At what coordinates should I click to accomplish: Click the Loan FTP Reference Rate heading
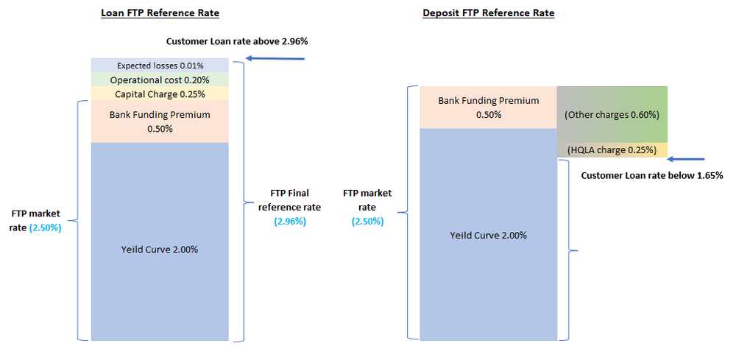(x=160, y=13)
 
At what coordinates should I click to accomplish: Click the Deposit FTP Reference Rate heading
(x=488, y=13)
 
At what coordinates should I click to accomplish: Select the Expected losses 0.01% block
(x=160, y=66)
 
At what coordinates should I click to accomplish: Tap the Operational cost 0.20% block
(x=160, y=80)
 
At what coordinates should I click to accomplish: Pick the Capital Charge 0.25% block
(x=160, y=93)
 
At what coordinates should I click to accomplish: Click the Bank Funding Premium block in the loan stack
(x=160, y=121)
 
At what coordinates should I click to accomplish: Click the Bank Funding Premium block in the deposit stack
(x=488, y=107)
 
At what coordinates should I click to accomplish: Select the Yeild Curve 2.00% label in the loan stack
(x=160, y=249)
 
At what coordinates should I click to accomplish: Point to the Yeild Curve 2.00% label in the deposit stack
(x=488, y=236)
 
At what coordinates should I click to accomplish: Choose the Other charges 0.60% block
(x=612, y=115)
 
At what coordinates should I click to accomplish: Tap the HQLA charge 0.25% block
(x=612, y=150)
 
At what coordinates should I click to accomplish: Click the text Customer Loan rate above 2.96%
(x=236, y=41)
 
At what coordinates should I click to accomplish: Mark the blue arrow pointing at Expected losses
(x=275, y=58)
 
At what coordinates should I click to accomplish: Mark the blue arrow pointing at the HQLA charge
(x=685, y=159)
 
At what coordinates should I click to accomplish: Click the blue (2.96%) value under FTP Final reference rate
(x=290, y=221)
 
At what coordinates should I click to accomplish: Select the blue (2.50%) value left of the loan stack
(x=46, y=227)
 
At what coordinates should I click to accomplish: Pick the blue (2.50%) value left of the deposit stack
(x=368, y=221)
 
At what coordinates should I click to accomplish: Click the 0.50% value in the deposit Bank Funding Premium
(x=489, y=115)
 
